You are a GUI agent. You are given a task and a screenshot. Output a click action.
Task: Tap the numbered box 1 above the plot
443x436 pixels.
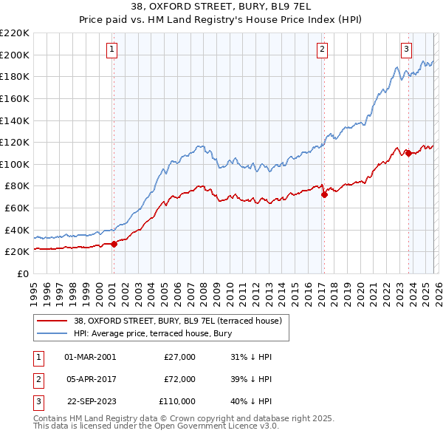click(112, 50)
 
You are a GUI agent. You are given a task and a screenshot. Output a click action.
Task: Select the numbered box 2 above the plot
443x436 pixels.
click(323, 50)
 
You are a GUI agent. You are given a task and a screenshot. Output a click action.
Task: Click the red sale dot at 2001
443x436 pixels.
click(114, 245)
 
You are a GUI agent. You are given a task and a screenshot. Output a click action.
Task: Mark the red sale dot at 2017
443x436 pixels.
click(324, 195)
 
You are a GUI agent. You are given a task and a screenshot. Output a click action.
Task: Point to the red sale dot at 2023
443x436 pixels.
click(408, 154)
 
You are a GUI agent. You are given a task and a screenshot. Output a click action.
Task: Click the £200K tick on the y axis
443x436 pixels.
click(15, 55)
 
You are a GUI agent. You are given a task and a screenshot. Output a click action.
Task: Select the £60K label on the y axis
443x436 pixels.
click(17, 208)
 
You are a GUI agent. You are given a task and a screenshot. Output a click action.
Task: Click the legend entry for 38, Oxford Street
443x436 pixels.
click(177, 321)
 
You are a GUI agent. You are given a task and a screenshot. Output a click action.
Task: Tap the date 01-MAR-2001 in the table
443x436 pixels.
click(90, 357)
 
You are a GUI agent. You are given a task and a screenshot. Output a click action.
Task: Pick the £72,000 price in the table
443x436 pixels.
click(179, 379)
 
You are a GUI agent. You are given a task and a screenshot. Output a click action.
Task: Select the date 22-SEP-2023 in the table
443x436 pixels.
click(90, 401)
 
